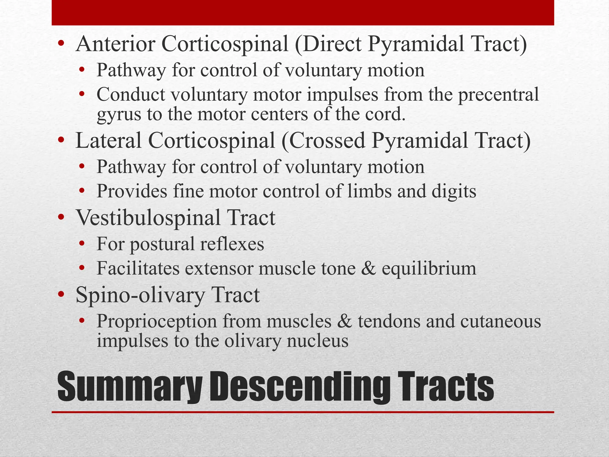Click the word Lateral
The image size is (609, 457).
pyautogui.click(x=109, y=140)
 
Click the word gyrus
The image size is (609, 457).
pyautogui.click(x=119, y=115)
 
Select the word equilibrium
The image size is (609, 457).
pyautogui.click(x=429, y=268)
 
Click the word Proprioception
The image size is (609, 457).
pyautogui.click(x=156, y=322)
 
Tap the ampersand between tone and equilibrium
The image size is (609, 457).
pyautogui.click(x=368, y=268)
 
